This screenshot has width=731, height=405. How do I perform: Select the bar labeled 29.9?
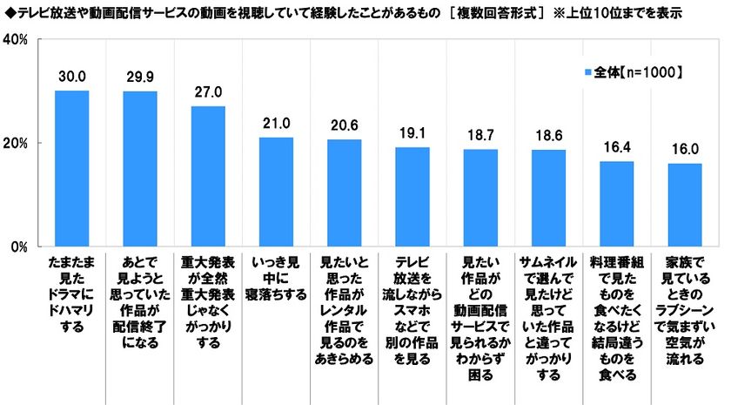[139, 169]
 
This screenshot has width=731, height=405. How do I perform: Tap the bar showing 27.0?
[208, 176]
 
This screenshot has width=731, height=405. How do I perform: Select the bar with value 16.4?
[617, 204]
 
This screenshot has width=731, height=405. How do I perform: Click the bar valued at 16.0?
[685, 205]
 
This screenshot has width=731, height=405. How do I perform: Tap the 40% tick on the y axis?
[20, 40]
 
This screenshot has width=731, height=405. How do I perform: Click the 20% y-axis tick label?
[20, 143]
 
